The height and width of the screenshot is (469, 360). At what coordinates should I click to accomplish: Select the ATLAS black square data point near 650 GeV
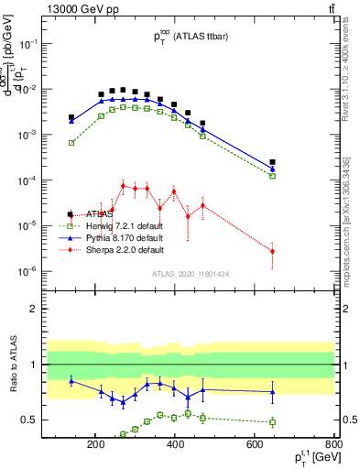272,162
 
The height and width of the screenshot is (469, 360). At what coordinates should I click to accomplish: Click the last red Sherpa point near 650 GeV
272,251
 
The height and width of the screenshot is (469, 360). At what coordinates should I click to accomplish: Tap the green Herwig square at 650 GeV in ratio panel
272,422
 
